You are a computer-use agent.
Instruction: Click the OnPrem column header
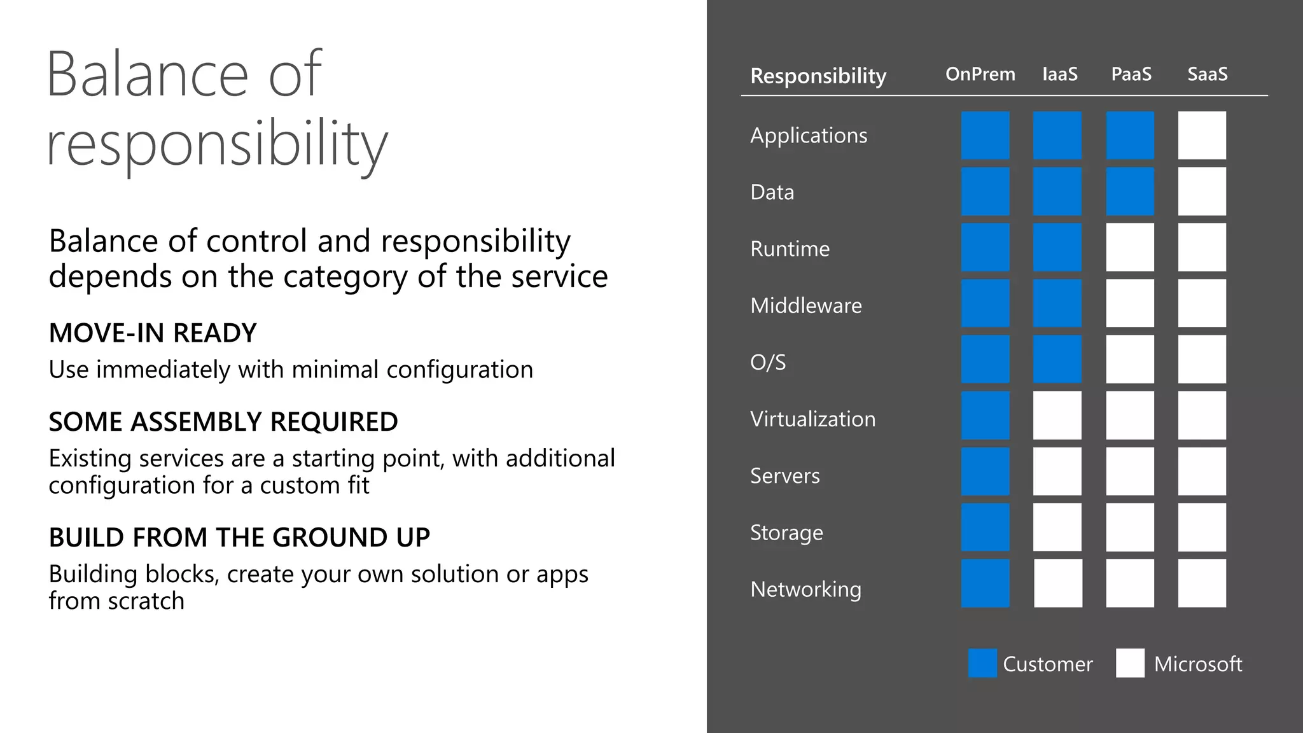(980, 74)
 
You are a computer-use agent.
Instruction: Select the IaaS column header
(1059, 74)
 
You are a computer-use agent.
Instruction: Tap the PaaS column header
(1131, 74)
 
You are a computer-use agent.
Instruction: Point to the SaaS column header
(1207, 74)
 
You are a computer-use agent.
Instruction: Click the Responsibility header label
(818, 76)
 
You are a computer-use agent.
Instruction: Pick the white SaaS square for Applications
(1201, 136)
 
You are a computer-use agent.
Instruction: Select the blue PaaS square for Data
(1129, 192)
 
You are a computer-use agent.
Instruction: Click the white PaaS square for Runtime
(1129, 248)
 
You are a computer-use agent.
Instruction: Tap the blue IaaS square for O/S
(1057, 360)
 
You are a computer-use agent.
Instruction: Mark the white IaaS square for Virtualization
(1057, 415)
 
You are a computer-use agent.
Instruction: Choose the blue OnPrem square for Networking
(985, 583)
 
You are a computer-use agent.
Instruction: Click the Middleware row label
(805, 305)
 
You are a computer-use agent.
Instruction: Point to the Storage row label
(786, 533)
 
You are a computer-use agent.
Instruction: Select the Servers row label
(784, 476)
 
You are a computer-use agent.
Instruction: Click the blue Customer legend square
(982, 663)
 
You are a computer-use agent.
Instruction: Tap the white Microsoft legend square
(1130, 663)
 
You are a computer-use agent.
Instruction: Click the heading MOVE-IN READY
(153, 333)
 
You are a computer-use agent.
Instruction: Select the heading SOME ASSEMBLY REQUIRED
(223, 422)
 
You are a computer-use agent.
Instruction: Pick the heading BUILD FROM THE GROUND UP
(239, 538)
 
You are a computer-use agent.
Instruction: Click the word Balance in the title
(147, 74)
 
